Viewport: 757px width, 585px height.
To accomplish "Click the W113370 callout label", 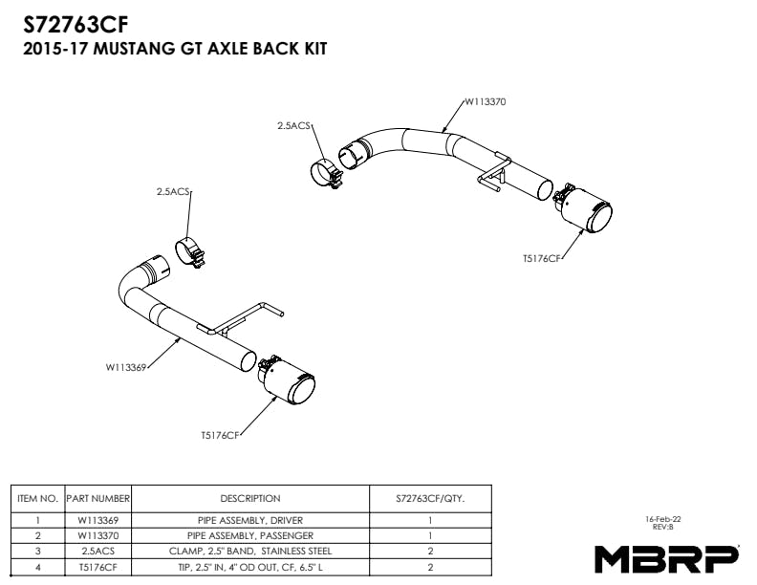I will click(x=485, y=99).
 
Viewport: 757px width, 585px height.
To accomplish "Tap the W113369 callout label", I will click(x=126, y=366).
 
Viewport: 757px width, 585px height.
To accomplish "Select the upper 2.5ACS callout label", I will click(x=293, y=125).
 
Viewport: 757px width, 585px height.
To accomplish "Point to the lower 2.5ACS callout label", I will click(x=174, y=191).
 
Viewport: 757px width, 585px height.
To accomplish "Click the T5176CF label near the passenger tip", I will click(x=540, y=258).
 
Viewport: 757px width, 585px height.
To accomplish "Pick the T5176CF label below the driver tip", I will click(x=219, y=435).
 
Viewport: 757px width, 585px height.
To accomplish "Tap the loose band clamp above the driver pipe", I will click(x=190, y=250).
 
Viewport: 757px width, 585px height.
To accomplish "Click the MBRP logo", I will click(x=667, y=557).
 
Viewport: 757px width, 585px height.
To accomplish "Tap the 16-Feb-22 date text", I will click(x=663, y=519).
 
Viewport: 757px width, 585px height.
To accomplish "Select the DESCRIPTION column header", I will click(x=250, y=498).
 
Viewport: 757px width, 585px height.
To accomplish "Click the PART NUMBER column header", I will click(x=97, y=498).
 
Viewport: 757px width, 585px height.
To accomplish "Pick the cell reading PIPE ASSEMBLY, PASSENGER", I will click(x=250, y=535).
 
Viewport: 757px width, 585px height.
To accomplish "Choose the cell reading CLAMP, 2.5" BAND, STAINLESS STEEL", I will click(x=250, y=552).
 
